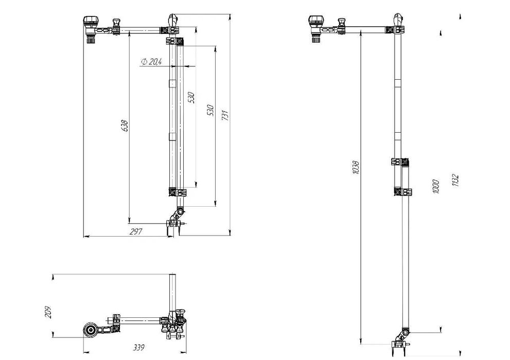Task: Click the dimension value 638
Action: tap(125, 125)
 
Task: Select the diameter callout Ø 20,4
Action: tap(151, 61)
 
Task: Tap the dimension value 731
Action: tap(225, 115)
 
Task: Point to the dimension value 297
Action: tap(136, 231)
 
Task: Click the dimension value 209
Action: tap(48, 312)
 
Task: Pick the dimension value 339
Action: tap(138, 347)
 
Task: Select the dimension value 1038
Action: tap(356, 167)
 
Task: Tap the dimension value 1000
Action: tap(436, 187)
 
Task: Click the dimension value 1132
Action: tap(455, 181)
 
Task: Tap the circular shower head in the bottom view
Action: tap(91, 331)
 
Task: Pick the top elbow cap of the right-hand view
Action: tap(398, 20)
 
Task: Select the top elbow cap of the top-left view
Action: tap(172, 20)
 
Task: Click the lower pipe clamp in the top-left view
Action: tap(178, 192)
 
